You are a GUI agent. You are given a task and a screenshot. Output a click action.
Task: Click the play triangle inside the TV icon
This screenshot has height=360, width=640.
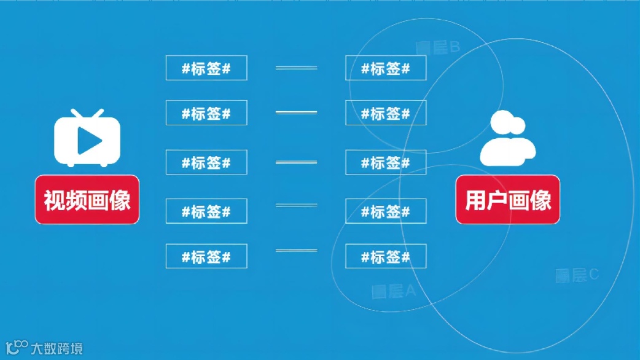[89, 142]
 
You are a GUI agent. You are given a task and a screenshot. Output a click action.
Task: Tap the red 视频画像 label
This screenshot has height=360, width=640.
[87, 200]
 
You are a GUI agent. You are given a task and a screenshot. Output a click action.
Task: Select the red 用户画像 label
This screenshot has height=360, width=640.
[508, 200]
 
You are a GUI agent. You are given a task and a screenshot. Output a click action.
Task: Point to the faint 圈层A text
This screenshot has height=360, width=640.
[394, 291]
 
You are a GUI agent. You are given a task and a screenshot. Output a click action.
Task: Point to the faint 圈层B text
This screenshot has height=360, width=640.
[438, 47]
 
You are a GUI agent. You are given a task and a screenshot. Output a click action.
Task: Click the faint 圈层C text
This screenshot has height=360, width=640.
[577, 275]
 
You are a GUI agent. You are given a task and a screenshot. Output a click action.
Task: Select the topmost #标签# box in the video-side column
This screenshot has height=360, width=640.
[206, 68]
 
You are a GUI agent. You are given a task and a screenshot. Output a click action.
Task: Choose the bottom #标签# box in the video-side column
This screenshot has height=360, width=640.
[206, 256]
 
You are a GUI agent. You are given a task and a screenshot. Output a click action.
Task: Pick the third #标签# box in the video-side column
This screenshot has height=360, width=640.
[206, 162]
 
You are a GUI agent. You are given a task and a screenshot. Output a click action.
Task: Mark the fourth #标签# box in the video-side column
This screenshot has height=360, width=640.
[206, 211]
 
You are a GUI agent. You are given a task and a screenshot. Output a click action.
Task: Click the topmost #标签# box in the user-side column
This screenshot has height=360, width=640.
[386, 68]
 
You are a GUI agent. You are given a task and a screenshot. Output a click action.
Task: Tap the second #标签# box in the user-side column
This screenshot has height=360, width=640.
[386, 113]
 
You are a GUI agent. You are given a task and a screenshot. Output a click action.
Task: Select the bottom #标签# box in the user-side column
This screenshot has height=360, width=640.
[386, 256]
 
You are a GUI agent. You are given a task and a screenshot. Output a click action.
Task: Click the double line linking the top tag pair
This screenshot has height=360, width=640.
[296, 68]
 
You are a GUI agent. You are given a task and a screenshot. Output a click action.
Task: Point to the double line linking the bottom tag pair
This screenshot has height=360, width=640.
[296, 251]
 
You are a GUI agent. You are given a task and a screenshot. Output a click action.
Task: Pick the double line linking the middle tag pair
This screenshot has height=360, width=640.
[296, 162]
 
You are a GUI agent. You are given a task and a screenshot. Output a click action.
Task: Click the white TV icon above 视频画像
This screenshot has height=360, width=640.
[87, 139]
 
